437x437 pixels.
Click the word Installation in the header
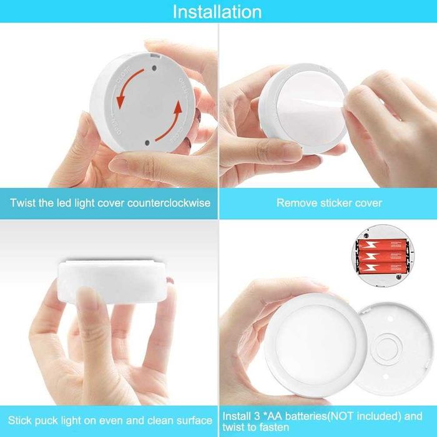click(217, 12)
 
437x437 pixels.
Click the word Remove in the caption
click(293, 203)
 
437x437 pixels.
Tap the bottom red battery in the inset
click(381, 268)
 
